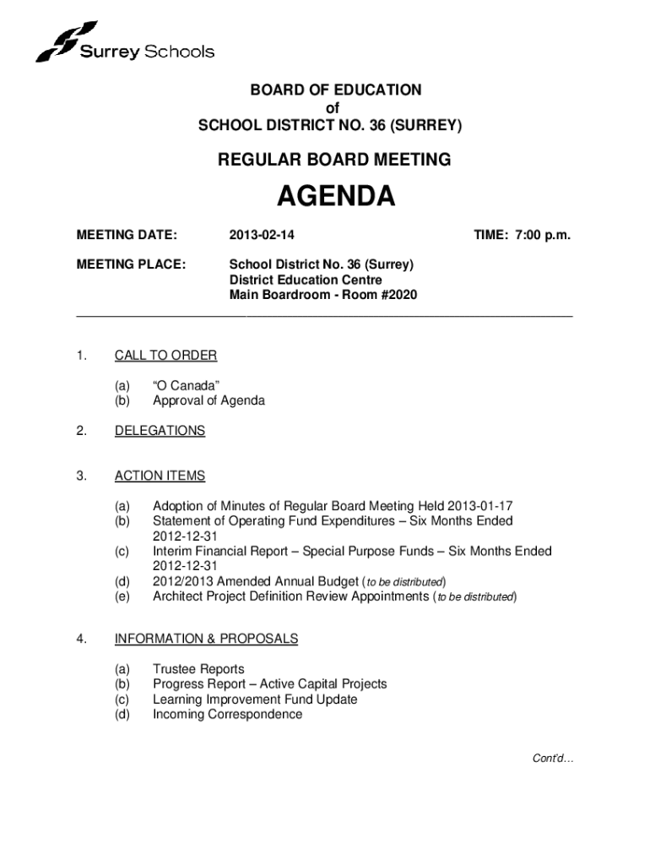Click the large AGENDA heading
(337, 198)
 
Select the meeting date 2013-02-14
(261, 235)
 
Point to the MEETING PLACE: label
(131, 264)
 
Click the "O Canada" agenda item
(187, 385)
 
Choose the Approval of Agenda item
(209, 400)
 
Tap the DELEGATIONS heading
(160, 431)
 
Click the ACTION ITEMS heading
(160, 476)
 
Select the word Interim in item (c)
(172, 552)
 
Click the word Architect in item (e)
(180, 596)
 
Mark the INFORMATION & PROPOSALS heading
(206, 639)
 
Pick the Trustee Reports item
(198, 669)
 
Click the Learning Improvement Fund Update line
(255, 699)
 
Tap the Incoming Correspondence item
(227, 715)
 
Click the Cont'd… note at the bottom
(553, 759)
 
